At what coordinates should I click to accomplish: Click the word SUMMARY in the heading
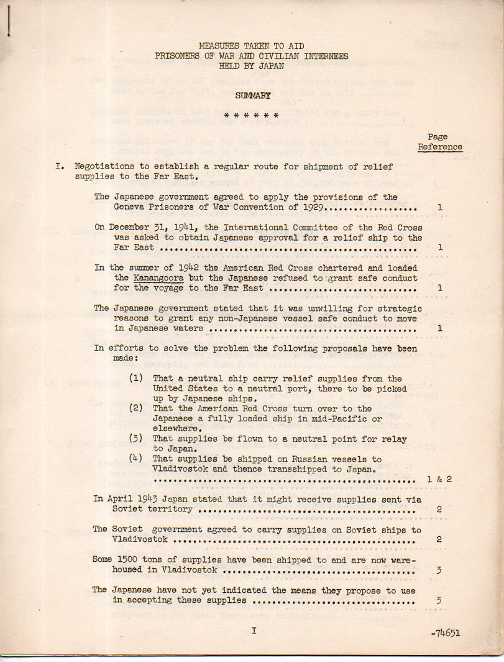(x=252, y=95)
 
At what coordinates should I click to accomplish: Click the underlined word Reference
(x=440, y=147)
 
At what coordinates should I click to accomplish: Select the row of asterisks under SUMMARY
(x=252, y=116)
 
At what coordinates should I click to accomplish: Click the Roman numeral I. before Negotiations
(x=60, y=167)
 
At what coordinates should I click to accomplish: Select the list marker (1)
(x=136, y=379)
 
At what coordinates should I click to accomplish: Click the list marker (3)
(x=136, y=439)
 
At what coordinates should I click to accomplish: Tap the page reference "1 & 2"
(x=439, y=480)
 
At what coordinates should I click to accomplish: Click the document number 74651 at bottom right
(x=447, y=633)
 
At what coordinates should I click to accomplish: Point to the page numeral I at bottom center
(x=254, y=631)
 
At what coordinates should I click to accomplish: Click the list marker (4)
(x=136, y=459)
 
